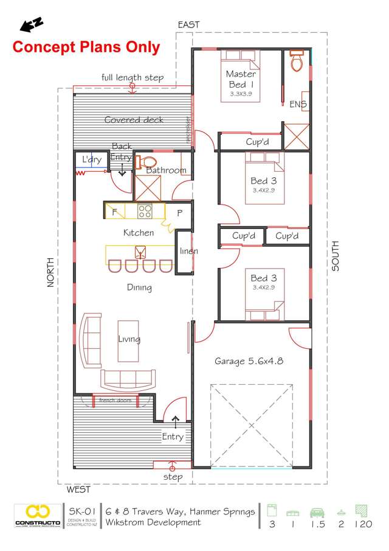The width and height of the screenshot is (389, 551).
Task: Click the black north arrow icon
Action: [x=30, y=24]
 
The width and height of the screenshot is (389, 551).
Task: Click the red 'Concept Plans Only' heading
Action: [x=86, y=47]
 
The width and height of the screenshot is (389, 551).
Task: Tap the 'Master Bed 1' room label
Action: [x=241, y=79]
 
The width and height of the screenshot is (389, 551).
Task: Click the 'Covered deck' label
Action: [x=134, y=120]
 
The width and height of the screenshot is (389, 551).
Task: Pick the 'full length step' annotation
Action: [x=133, y=78]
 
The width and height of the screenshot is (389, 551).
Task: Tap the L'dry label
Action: [x=92, y=160]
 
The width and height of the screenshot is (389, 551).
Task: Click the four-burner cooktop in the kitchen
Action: [x=145, y=211]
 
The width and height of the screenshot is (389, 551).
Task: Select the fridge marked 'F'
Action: [x=114, y=212]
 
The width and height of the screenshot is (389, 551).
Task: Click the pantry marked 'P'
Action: [x=179, y=212]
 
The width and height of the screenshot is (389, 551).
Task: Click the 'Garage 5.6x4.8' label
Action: [x=249, y=361]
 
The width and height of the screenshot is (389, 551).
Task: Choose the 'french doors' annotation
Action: [x=115, y=400]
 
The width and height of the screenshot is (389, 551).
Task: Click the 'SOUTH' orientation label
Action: [x=336, y=256]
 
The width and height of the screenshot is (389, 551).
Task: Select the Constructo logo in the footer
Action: [x=37, y=515]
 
